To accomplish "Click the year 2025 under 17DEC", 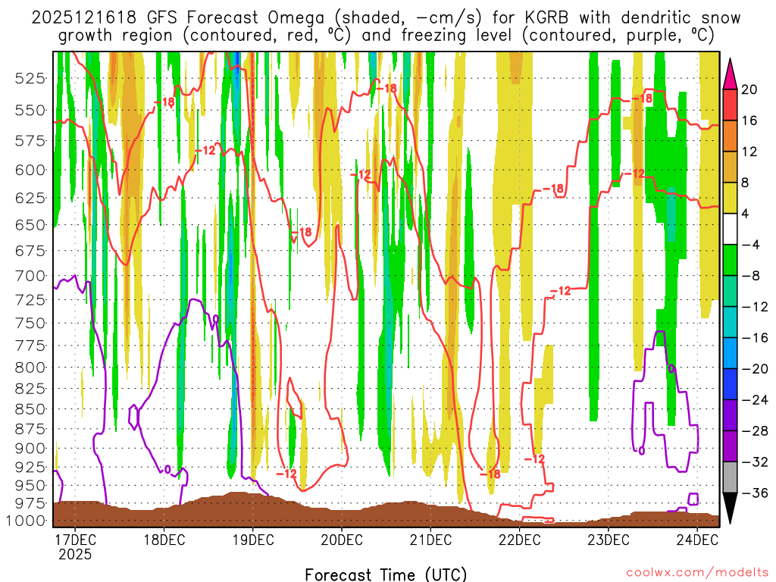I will [74, 554].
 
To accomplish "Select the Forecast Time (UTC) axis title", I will [386, 574].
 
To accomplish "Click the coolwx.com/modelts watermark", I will [696, 571].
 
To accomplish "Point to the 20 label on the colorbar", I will [749, 89].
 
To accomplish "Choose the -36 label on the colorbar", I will [749, 493].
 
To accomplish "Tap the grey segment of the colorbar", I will [731, 477].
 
